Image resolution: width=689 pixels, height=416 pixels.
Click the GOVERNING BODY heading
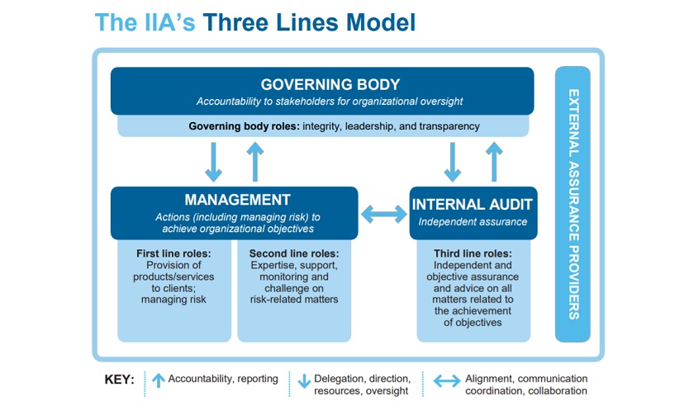pyautogui.click(x=330, y=84)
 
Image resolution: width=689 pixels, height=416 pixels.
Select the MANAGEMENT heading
pyautogui.click(x=237, y=200)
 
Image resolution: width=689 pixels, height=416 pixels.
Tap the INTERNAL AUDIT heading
pyautogui.click(x=473, y=204)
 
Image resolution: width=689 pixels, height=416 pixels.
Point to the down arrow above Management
pyautogui.click(x=213, y=162)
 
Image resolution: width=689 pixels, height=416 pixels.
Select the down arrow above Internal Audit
pyautogui.click(x=453, y=162)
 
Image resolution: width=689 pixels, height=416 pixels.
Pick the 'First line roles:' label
pyautogui.click(x=173, y=253)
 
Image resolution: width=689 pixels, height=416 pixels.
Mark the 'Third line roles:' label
pyautogui.click(x=473, y=253)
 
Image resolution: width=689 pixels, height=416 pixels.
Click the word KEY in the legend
pyautogui.click(x=119, y=381)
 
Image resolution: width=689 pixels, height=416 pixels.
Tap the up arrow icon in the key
pyautogui.click(x=159, y=381)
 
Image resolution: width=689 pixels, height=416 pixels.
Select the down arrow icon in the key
pyautogui.click(x=303, y=381)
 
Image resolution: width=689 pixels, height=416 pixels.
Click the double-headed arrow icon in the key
pyautogui.click(x=447, y=381)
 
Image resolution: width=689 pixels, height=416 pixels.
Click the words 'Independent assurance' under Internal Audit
pyautogui.click(x=473, y=221)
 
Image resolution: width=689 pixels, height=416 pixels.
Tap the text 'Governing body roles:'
pyautogui.click(x=243, y=126)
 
